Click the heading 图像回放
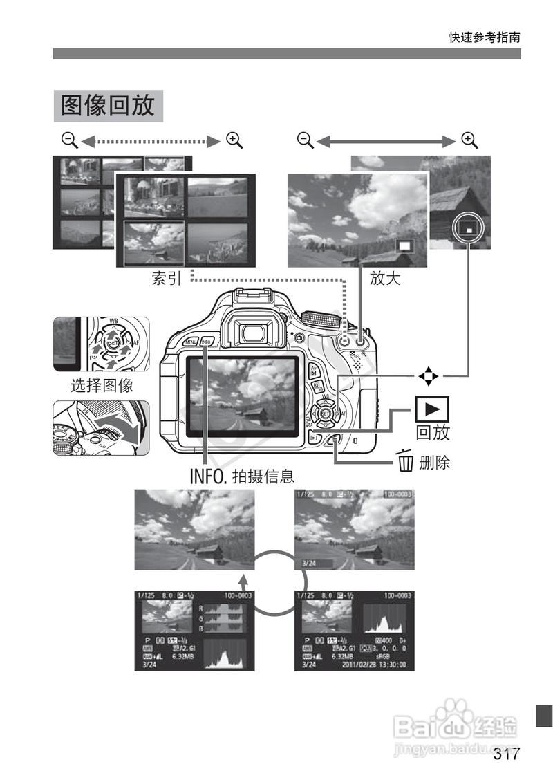[x=108, y=106]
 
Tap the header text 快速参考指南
[x=484, y=37]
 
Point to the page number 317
[x=506, y=754]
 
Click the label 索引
[x=167, y=278]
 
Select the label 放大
[x=385, y=278]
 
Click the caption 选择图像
[x=102, y=384]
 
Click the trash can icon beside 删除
[x=405, y=461]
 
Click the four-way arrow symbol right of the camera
[x=429, y=376]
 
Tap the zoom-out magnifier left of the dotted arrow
[x=69, y=140]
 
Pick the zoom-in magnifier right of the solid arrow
[x=470, y=140]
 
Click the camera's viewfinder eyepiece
[x=255, y=331]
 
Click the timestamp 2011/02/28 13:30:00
[x=375, y=665]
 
